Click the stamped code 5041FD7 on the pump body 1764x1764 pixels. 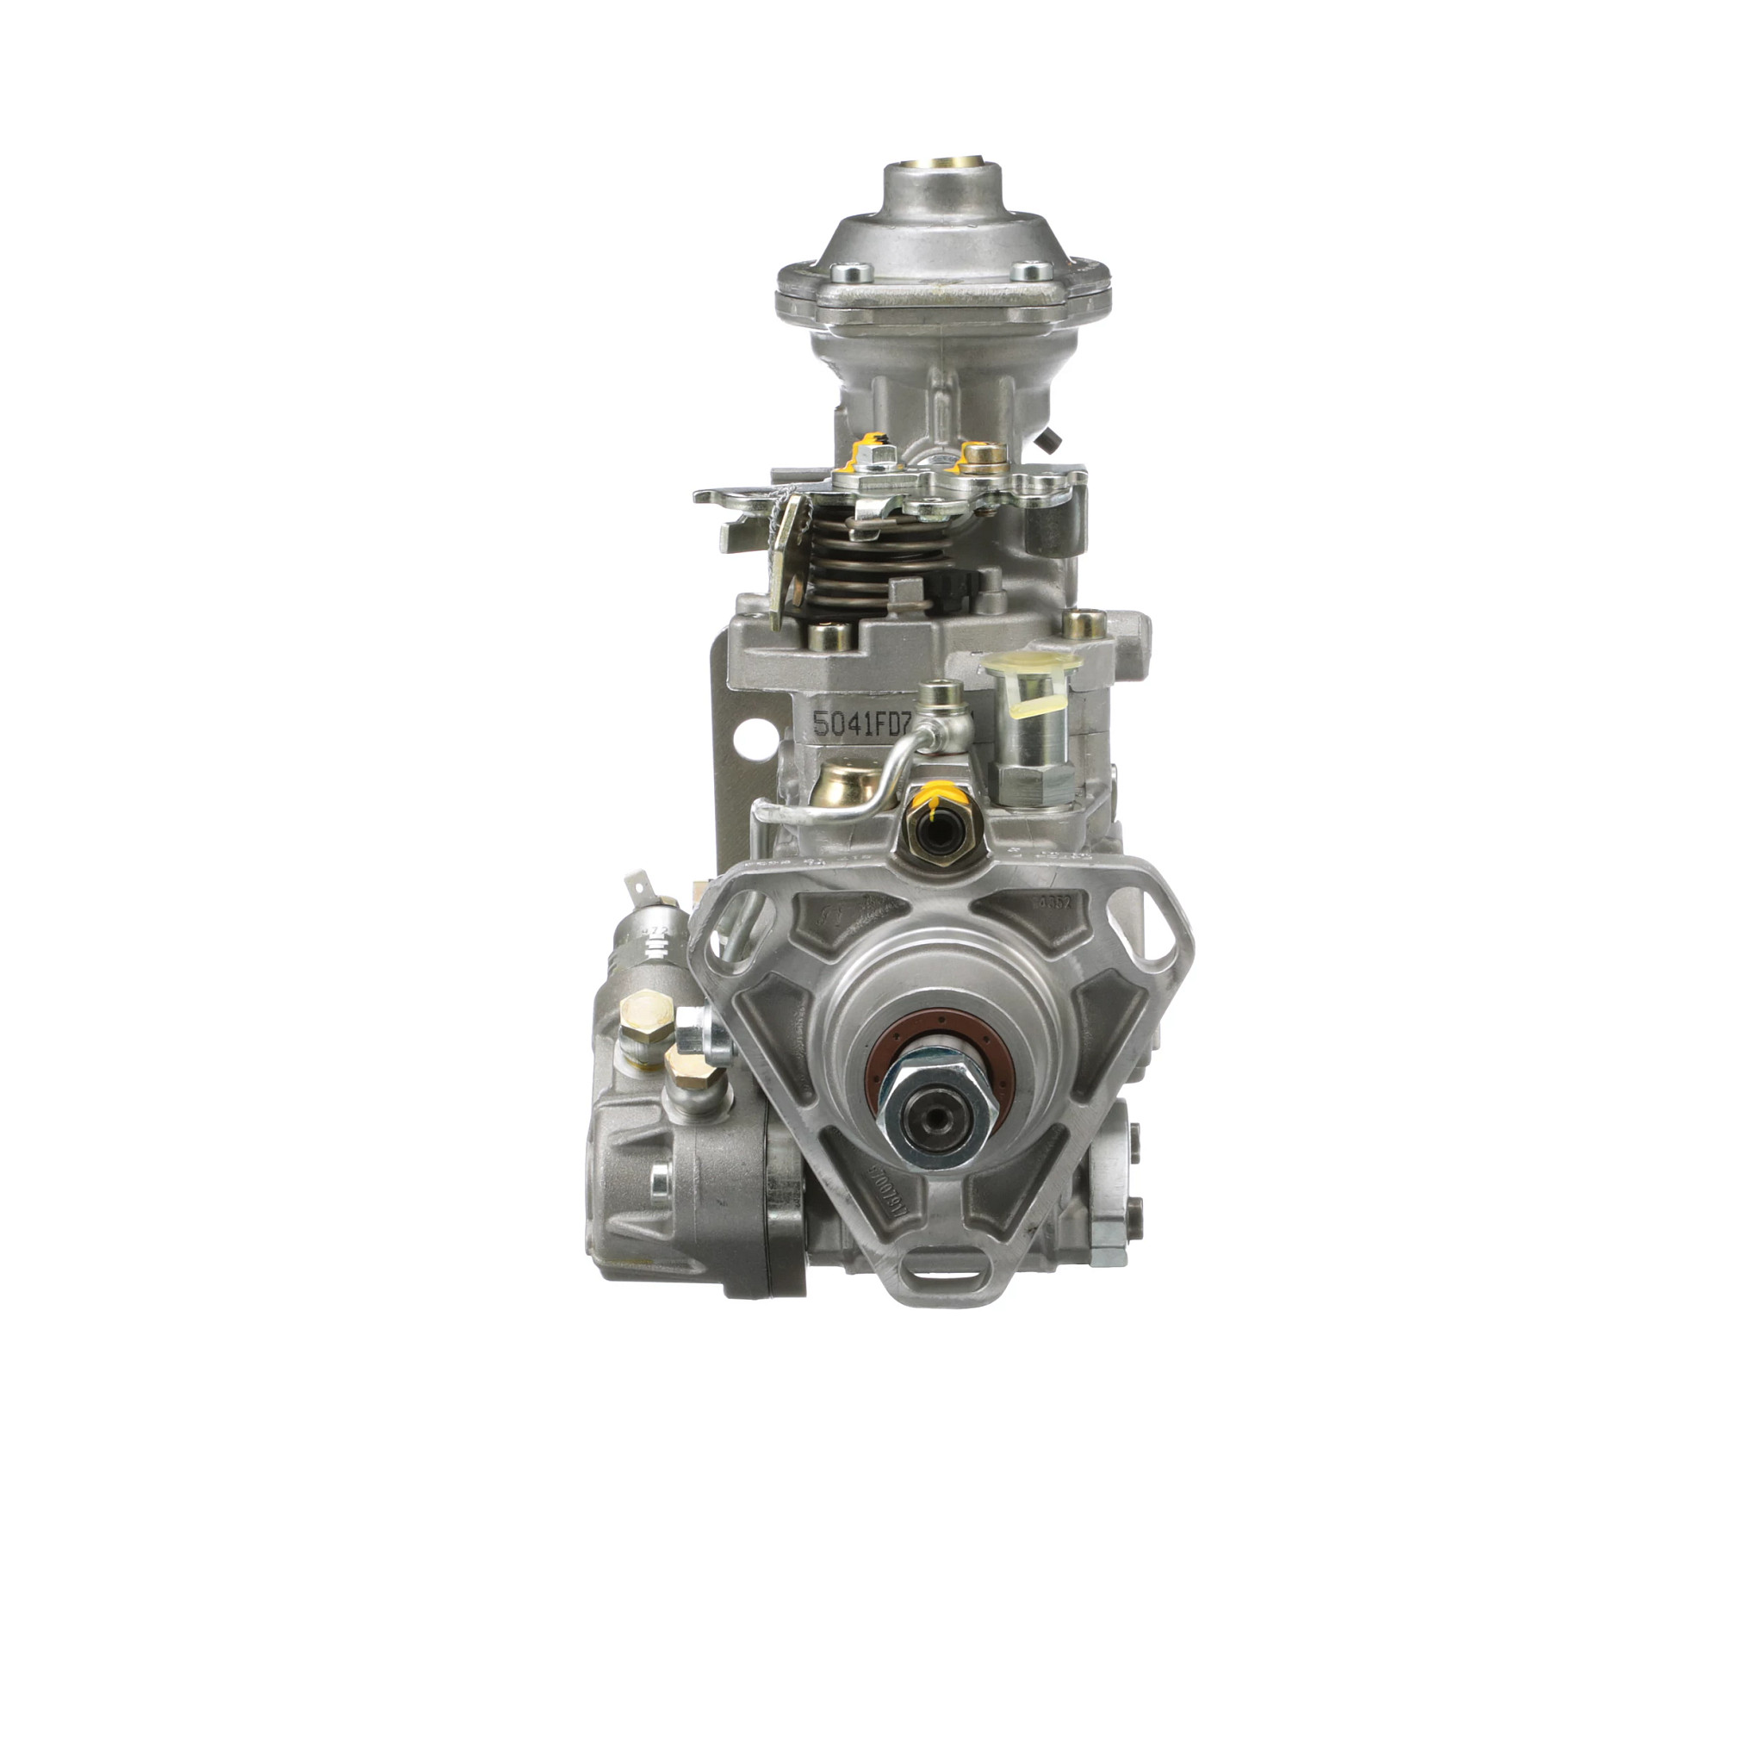click(862, 724)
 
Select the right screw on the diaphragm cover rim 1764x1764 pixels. click(1032, 270)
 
